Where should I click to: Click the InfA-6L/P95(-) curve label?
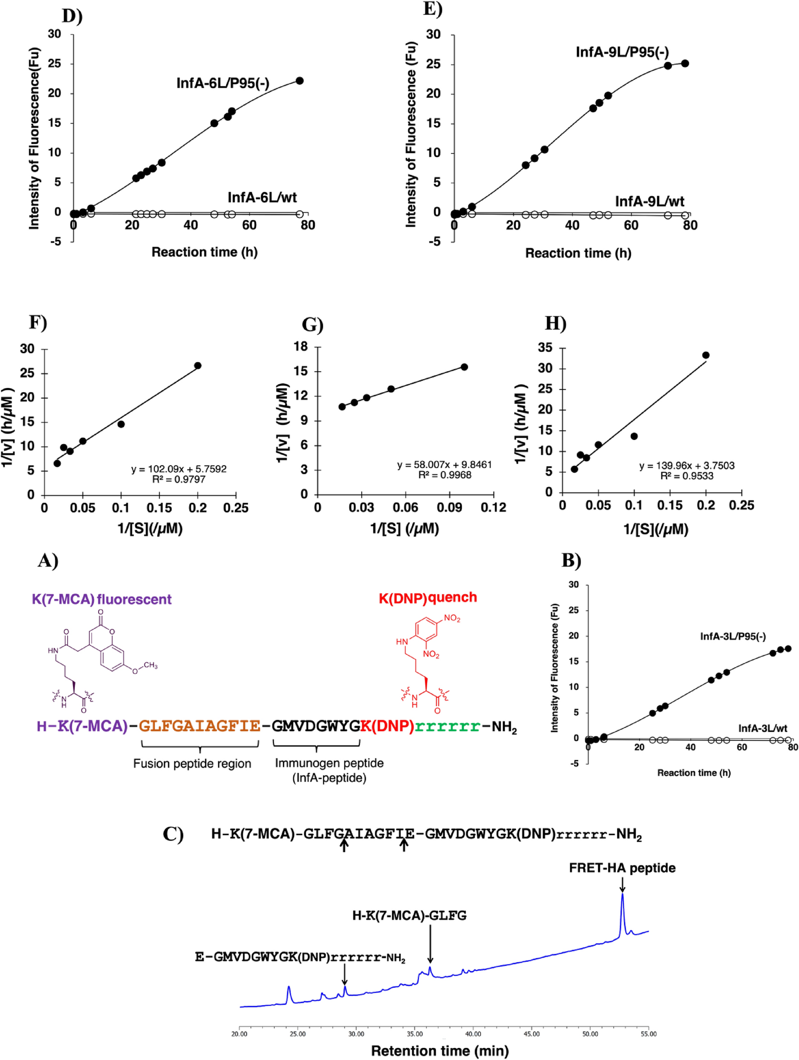click(x=223, y=83)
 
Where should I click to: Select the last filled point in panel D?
click(x=300, y=81)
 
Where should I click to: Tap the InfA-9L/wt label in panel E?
click(x=649, y=201)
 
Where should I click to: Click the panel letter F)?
click(x=38, y=322)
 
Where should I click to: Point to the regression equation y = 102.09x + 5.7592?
click(x=179, y=469)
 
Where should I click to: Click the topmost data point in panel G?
click(x=464, y=367)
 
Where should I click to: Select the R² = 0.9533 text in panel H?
click(x=686, y=476)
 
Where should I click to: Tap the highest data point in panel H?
click(x=706, y=355)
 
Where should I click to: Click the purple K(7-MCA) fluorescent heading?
click(x=101, y=599)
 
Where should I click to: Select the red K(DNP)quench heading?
click(x=428, y=598)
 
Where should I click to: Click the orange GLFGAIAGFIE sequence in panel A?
click(x=199, y=726)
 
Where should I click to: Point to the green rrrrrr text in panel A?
click(x=447, y=726)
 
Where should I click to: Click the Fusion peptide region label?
click(x=192, y=763)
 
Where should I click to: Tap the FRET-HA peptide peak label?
click(x=622, y=868)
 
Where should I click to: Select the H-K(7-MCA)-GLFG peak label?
click(x=409, y=915)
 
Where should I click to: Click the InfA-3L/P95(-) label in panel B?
click(x=732, y=636)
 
